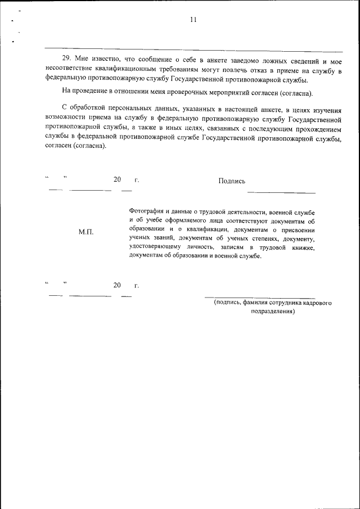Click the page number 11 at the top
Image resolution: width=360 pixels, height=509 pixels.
[x=193, y=20]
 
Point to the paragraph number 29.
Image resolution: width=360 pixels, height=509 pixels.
[x=66, y=59]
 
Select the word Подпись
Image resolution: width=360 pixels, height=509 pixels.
[x=232, y=181]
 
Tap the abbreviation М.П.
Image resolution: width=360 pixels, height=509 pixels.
[x=86, y=232]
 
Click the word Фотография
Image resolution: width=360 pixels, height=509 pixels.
[x=147, y=211]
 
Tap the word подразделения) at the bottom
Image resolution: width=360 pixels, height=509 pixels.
[x=273, y=311]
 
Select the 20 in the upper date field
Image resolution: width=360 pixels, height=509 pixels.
[x=117, y=180]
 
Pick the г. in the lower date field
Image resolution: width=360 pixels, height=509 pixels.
[x=136, y=286]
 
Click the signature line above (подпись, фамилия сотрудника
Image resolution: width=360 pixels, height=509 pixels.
[x=260, y=297]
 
